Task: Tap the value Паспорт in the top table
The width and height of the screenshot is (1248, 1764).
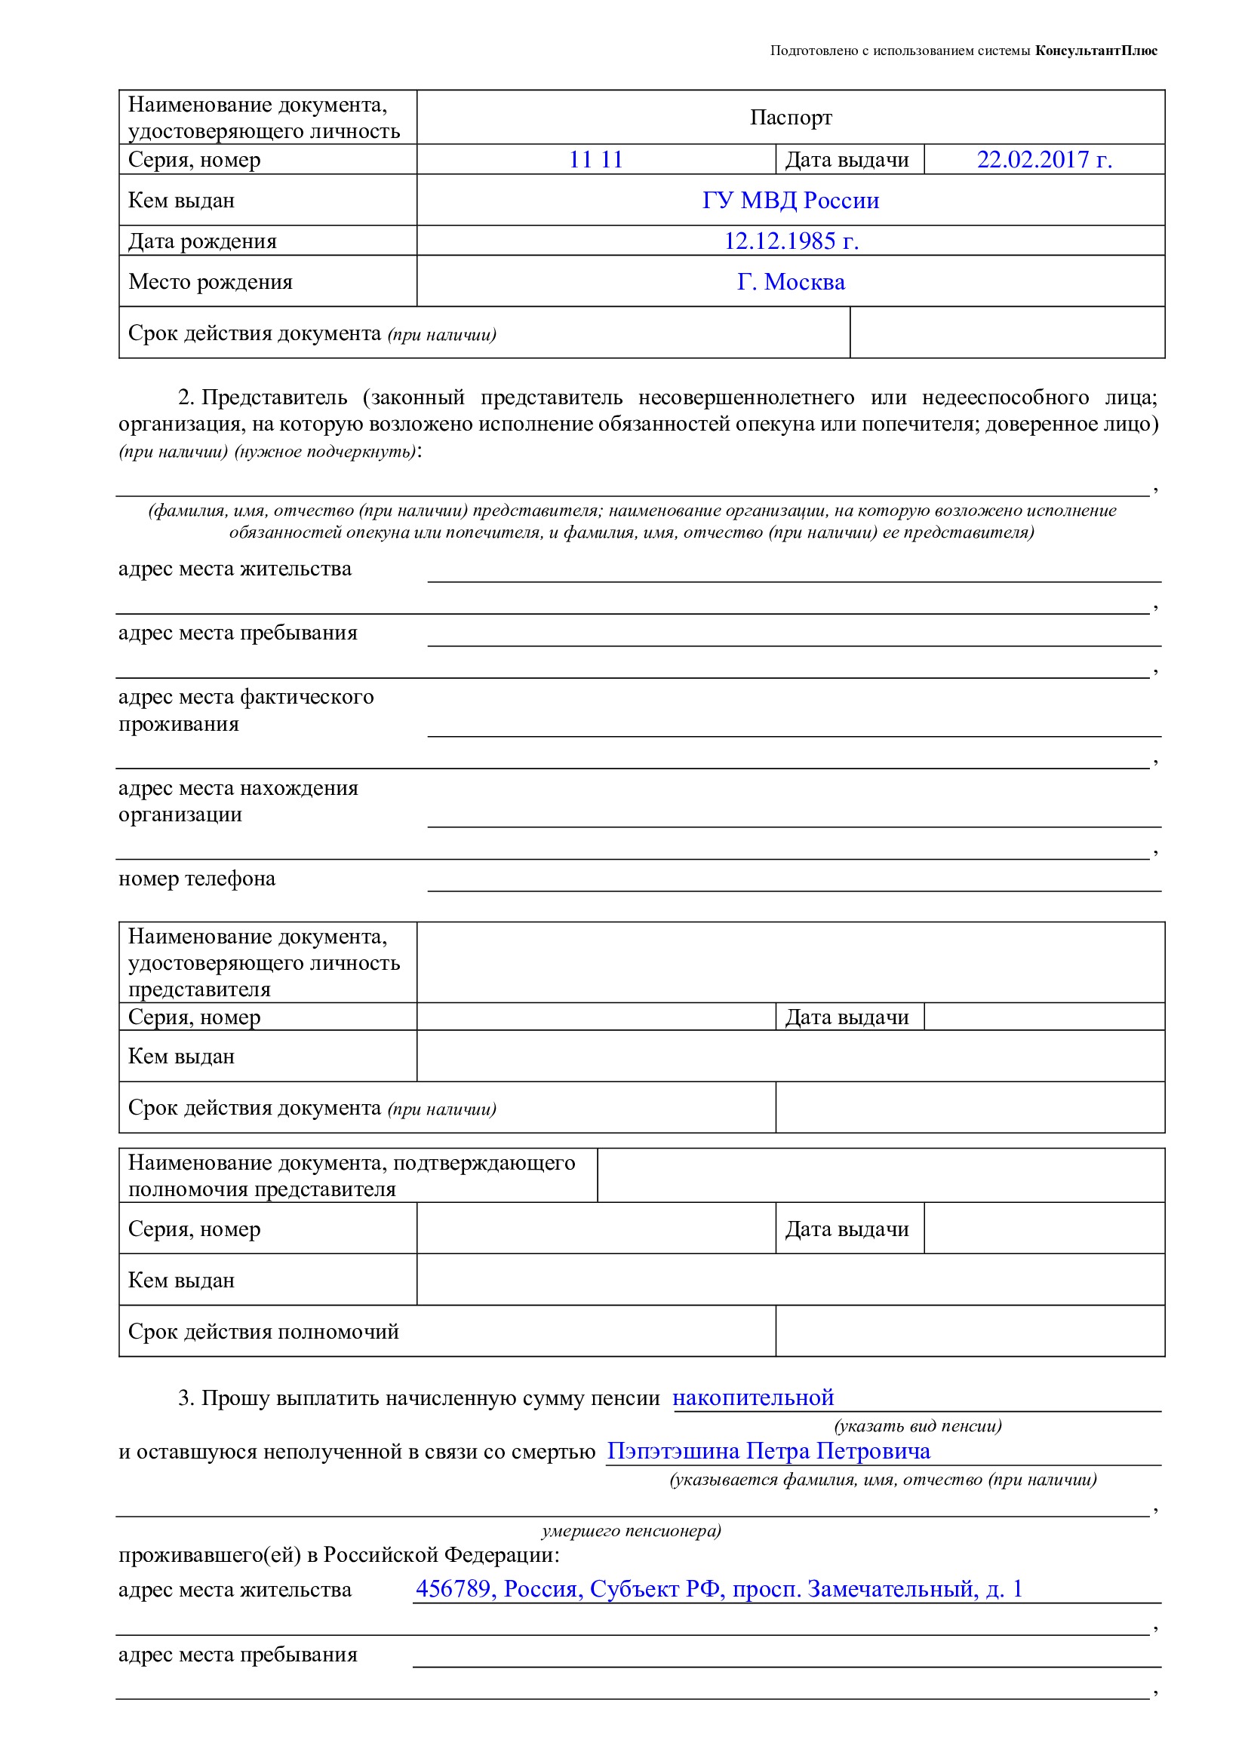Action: coord(791,118)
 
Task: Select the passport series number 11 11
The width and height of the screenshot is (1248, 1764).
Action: coord(595,160)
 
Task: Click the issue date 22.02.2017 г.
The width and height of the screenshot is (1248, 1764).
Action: coord(1044,160)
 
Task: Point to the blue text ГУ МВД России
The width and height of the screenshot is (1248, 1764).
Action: coord(791,201)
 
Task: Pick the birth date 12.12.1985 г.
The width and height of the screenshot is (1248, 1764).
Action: coord(791,241)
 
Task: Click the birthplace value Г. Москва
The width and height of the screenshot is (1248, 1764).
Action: coord(791,282)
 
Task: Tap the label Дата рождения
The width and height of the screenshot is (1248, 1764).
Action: coord(202,241)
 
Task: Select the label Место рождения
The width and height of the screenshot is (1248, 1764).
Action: coord(211,282)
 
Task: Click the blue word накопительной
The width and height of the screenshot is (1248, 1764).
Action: coord(753,1397)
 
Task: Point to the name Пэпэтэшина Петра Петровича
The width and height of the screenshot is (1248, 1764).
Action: coord(768,1451)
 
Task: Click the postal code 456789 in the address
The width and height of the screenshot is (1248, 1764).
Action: coord(453,1589)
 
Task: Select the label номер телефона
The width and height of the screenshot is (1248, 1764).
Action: coord(197,879)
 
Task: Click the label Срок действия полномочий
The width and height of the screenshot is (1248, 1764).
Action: coord(263,1331)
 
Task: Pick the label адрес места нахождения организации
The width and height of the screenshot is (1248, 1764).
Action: coord(238,802)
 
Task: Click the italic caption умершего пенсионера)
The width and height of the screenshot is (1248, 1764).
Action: coord(631,1531)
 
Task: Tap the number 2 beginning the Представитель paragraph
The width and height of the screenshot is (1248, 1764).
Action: coord(185,398)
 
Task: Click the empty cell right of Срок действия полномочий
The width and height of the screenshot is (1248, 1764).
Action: coord(970,1331)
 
